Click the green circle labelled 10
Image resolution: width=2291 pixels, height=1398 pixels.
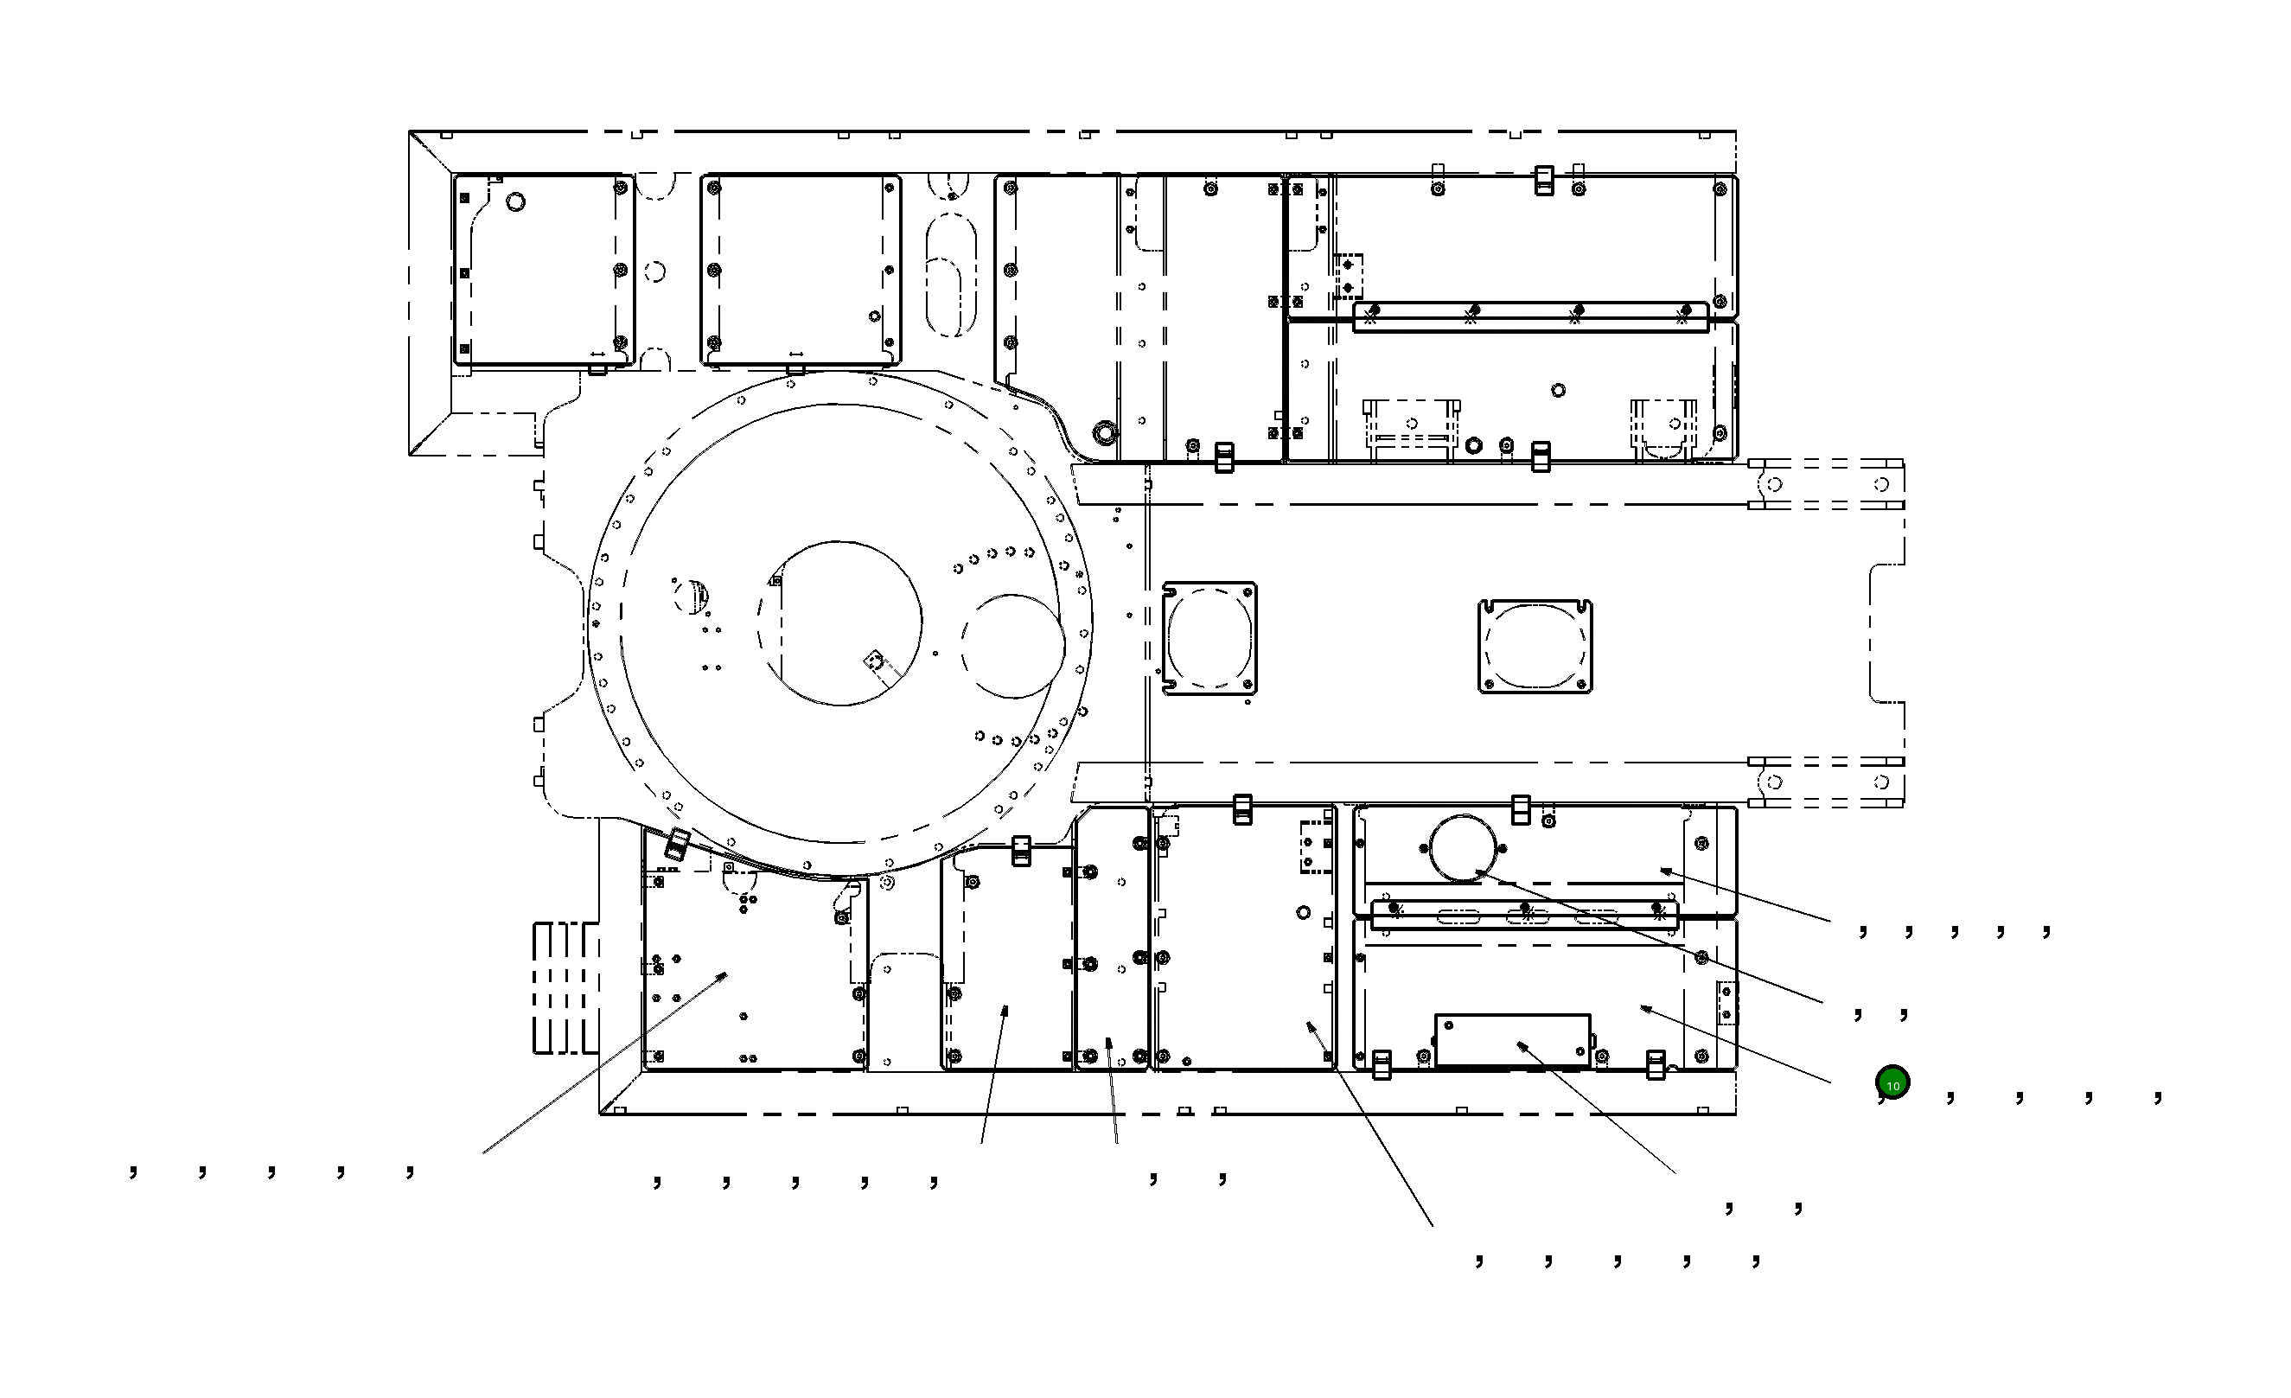click(1892, 1083)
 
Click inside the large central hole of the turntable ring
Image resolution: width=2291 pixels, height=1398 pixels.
click(839, 622)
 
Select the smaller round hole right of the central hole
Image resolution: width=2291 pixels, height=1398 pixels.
click(1013, 646)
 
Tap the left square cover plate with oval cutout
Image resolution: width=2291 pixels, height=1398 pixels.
click(1209, 639)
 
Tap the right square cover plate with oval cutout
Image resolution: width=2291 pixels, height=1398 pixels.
click(1535, 646)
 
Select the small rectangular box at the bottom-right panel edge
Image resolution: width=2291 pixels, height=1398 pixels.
click(1512, 1039)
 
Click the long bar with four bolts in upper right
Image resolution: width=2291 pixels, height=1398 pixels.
click(1529, 317)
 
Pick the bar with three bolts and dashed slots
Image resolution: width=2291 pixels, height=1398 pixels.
click(1525, 914)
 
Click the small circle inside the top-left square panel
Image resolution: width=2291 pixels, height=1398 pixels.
click(515, 201)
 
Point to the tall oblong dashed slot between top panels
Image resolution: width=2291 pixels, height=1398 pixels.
click(951, 274)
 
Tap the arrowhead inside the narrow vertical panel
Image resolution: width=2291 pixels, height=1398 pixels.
click(1109, 1042)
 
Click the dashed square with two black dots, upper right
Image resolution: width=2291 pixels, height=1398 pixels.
click(1348, 276)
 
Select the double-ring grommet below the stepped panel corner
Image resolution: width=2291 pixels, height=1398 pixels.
click(1105, 432)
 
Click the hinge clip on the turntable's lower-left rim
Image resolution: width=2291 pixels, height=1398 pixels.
click(678, 845)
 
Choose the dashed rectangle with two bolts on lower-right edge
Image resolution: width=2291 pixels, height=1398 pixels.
click(1726, 1003)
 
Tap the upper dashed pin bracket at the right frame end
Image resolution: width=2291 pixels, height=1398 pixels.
click(1827, 484)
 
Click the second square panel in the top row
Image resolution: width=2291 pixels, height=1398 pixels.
click(800, 270)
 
